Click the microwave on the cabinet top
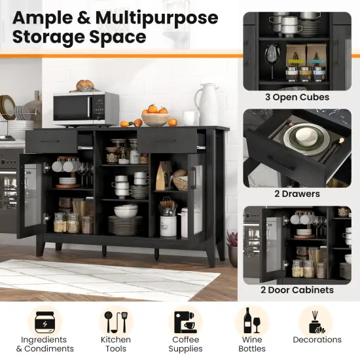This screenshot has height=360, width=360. [86, 108]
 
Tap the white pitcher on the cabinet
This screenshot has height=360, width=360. [208, 104]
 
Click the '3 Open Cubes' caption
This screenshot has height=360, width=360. [298, 98]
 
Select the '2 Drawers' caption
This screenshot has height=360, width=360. [298, 194]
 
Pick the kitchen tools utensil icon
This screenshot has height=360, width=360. [115, 321]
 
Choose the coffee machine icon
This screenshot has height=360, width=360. [186, 321]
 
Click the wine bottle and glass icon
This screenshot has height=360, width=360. [252, 321]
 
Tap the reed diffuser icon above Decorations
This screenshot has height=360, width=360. [317, 321]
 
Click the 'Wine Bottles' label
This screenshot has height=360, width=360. [252, 344]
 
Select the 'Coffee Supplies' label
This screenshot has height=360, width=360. [186, 344]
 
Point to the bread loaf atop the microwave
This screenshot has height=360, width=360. [85, 85]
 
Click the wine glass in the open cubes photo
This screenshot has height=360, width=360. [272, 55]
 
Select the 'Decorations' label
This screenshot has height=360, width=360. [317, 340]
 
